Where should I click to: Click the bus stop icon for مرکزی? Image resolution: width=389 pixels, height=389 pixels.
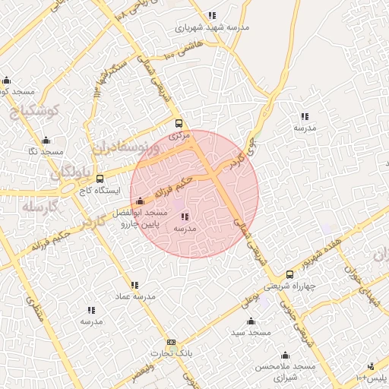click(x=179, y=123)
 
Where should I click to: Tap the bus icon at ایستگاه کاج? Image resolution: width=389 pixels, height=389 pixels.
click(x=100, y=179)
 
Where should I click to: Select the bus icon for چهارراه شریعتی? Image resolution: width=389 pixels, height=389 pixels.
click(x=289, y=275)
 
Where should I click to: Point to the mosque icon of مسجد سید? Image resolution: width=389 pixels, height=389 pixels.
click(x=251, y=321)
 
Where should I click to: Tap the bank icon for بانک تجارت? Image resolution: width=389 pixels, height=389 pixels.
click(x=171, y=343)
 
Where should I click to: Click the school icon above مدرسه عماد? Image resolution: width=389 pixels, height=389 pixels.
click(x=135, y=285)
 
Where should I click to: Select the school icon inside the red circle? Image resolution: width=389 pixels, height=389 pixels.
click(x=185, y=217)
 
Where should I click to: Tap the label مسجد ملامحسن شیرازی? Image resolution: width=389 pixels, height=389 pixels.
click(x=285, y=372)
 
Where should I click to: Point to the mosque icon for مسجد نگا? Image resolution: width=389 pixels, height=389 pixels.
click(x=46, y=141)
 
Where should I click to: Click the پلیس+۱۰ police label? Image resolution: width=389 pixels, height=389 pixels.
click(x=372, y=378)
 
